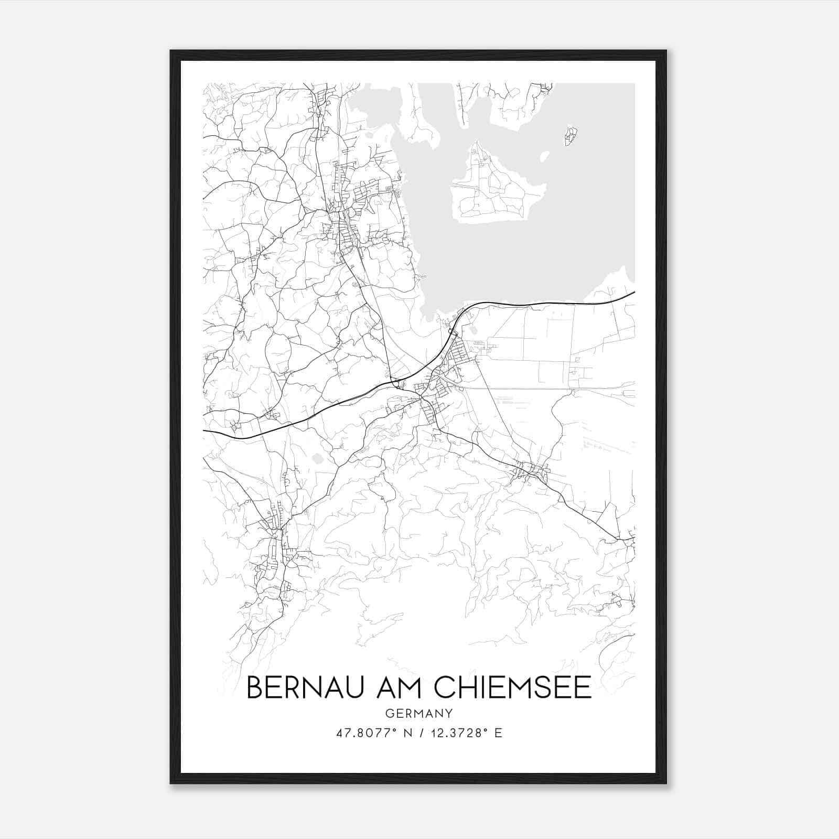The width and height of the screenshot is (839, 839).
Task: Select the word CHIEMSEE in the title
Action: (513, 687)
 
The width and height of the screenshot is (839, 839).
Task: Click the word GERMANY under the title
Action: (419, 713)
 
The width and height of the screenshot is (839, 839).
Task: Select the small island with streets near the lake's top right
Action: (571, 136)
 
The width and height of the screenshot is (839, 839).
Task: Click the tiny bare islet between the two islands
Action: (544, 156)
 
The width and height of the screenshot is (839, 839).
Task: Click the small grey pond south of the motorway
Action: (317, 459)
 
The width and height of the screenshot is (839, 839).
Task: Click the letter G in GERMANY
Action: (389, 713)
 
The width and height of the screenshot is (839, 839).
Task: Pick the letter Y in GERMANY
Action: (449, 713)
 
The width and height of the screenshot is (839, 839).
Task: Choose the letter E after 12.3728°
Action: (498, 733)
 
